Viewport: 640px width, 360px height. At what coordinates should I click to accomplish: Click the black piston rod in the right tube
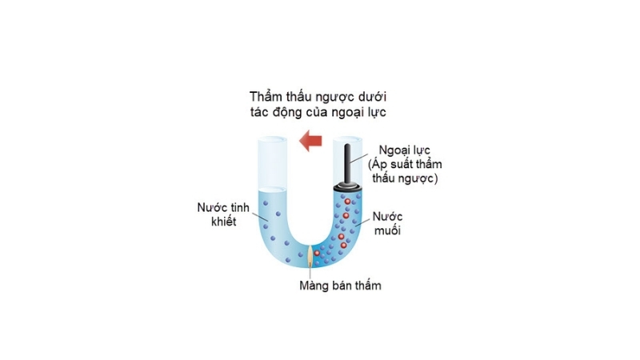pyautogui.click(x=349, y=164)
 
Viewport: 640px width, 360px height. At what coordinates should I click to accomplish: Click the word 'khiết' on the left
pyautogui.click(x=217, y=222)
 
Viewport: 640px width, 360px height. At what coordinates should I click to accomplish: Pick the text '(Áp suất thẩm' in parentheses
pyautogui.click(x=404, y=164)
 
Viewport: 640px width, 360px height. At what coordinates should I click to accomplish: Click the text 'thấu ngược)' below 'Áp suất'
pyautogui.click(x=404, y=178)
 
